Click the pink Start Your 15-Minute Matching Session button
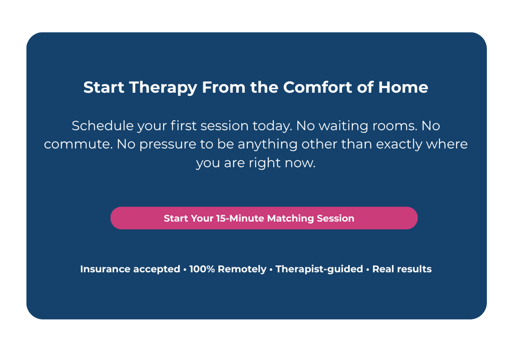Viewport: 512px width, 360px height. (264, 218)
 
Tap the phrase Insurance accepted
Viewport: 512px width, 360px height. (130, 269)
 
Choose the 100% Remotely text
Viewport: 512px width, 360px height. (227, 269)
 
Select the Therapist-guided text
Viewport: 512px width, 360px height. (319, 269)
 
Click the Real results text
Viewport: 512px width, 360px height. (402, 269)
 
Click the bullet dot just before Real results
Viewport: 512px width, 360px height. (368, 269)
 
